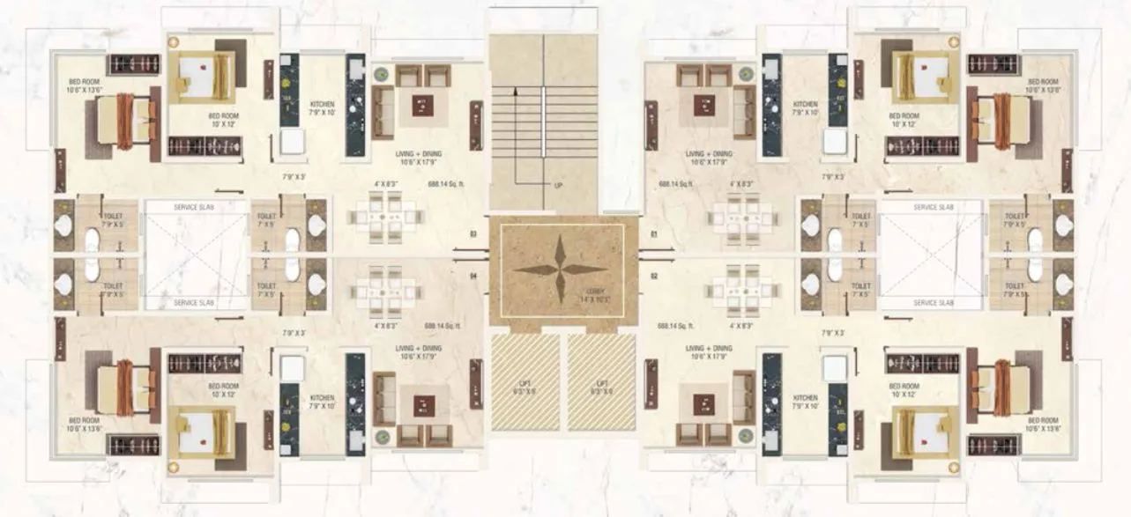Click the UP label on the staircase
click(x=558, y=186)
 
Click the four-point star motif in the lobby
click(x=561, y=270)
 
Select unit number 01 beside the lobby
click(x=654, y=234)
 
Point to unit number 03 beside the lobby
click(x=473, y=234)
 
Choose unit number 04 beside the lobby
click(x=473, y=276)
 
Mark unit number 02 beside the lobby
click(x=654, y=276)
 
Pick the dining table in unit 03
click(x=385, y=215)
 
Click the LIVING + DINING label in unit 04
click(x=419, y=352)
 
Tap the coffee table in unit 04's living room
click(x=423, y=405)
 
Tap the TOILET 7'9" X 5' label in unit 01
click(x=1016, y=218)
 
